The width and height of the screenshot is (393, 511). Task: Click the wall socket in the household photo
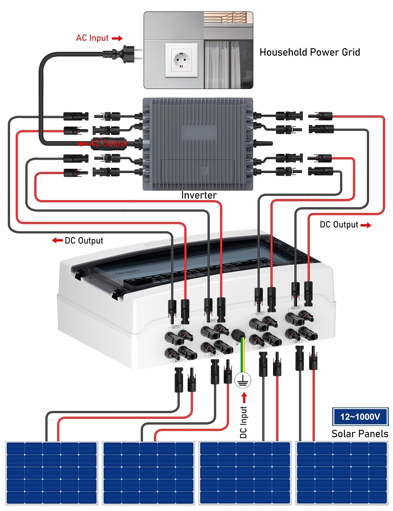click(181, 60)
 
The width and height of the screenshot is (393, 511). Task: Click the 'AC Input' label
click(92, 38)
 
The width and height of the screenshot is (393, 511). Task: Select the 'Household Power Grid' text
click(309, 52)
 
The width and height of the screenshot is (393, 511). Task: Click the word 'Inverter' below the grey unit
click(199, 195)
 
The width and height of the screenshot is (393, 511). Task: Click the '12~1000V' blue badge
click(360, 417)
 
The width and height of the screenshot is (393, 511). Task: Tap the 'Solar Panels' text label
click(359, 434)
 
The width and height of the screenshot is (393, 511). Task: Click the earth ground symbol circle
click(243, 381)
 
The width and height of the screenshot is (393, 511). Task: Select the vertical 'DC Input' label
click(243, 422)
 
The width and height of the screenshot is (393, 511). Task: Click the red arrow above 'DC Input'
click(244, 397)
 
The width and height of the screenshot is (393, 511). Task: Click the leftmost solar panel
click(51, 473)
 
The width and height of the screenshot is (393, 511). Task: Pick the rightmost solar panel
click(342, 473)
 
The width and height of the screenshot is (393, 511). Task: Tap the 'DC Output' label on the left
click(84, 240)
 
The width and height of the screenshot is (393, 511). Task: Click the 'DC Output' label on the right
click(339, 225)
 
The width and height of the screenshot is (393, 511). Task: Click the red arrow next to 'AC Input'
click(117, 38)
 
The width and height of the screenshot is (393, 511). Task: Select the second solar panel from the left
click(148, 473)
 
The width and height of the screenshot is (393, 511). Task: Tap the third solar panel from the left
click(245, 473)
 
